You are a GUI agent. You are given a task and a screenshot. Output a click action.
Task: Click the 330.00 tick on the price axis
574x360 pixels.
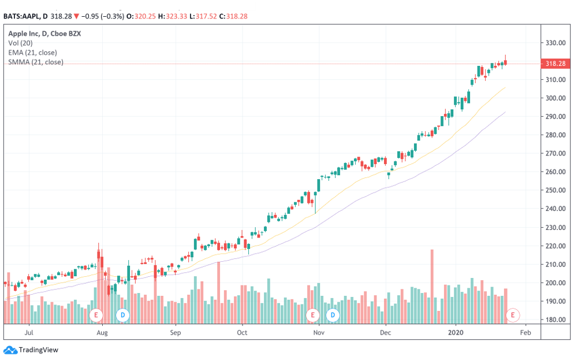click(555, 43)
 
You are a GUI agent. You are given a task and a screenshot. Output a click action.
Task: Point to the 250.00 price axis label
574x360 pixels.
click(555, 191)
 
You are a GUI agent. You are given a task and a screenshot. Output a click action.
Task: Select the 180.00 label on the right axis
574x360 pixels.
click(555, 320)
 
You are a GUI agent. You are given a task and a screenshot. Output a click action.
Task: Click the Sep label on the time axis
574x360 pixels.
click(176, 333)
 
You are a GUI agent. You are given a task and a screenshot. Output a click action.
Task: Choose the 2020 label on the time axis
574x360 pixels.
click(456, 333)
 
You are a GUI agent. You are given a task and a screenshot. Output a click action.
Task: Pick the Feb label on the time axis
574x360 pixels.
click(525, 333)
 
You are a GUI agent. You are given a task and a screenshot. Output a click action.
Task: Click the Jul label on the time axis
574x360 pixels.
click(29, 333)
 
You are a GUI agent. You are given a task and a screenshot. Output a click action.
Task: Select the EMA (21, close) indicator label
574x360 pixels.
click(32, 53)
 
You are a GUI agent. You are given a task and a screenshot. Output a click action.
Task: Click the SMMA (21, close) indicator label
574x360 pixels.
click(36, 62)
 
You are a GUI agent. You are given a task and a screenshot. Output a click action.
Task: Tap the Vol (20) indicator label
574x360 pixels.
click(21, 43)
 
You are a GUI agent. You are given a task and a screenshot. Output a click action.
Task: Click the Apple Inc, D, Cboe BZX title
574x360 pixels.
click(44, 34)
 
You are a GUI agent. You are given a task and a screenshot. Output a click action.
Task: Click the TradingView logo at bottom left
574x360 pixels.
click(31, 350)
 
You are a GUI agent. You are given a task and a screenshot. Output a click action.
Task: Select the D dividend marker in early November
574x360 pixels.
click(333, 315)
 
